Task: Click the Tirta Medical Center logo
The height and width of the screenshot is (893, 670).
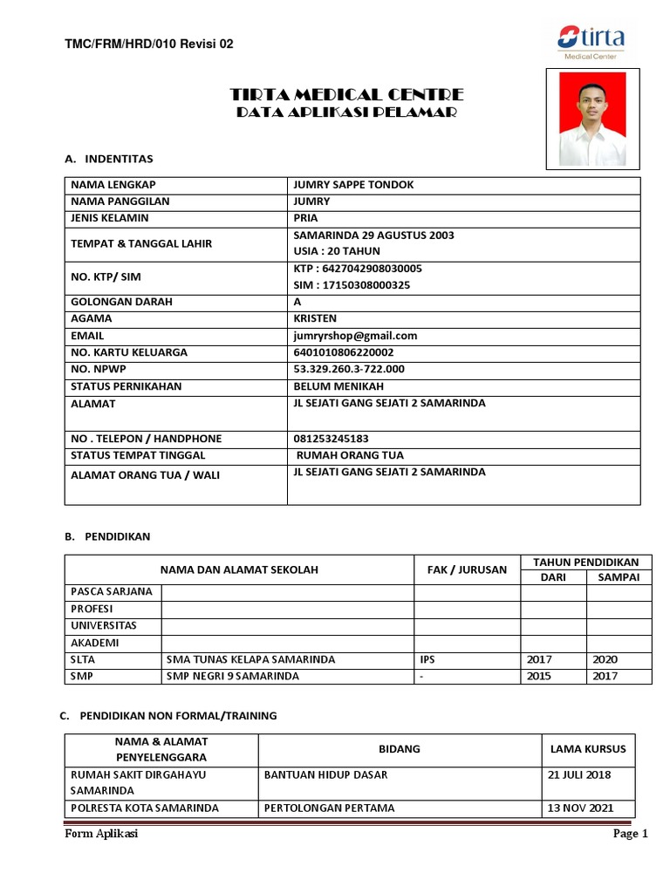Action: [x=591, y=41]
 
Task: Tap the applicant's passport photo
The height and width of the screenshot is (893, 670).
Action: [x=592, y=119]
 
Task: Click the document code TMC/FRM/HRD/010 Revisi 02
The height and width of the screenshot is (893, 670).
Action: [x=149, y=44]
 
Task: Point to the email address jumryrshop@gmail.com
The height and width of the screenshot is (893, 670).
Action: [x=355, y=336]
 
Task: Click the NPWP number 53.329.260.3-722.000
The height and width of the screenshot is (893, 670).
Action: [x=349, y=369]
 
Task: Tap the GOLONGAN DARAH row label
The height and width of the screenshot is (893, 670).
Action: [x=121, y=302]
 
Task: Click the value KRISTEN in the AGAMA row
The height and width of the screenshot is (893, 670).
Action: [x=315, y=318]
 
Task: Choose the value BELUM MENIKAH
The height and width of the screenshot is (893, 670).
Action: [x=338, y=386]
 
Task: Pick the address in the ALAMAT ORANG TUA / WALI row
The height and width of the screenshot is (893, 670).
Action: [x=389, y=472]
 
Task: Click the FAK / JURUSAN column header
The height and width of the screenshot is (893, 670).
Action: [x=467, y=569]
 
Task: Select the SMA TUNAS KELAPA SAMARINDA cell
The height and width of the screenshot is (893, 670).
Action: [x=250, y=659]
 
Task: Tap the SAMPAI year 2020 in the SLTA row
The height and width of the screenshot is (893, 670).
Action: [x=605, y=659]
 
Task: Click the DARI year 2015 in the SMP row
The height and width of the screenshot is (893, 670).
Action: [x=538, y=676]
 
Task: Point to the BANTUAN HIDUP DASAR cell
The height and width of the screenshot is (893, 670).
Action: [x=325, y=774]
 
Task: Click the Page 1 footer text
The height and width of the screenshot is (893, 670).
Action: [x=631, y=834]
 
